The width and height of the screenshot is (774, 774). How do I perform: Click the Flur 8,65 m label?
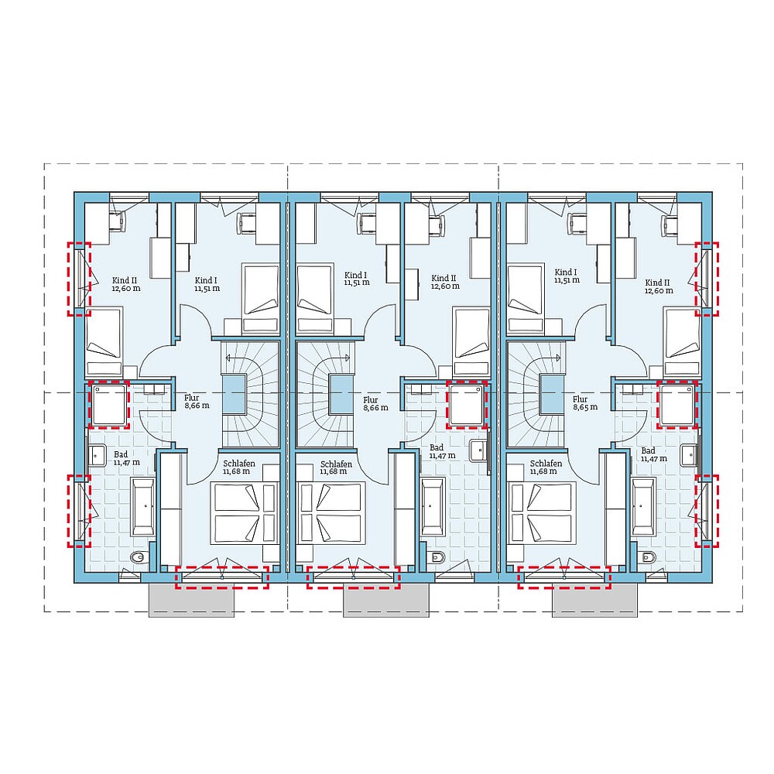click(585, 402)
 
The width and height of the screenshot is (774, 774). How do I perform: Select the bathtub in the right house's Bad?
click(644, 506)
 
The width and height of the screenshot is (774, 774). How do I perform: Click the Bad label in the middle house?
click(437, 451)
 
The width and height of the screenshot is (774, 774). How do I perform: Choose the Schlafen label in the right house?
click(546, 467)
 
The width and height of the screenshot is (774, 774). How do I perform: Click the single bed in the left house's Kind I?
click(261, 297)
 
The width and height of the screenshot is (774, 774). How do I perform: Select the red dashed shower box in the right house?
click(676, 404)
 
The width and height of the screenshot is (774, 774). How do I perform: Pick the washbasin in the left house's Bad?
click(97, 454)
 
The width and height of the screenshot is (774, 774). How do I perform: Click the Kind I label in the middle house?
click(356, 279)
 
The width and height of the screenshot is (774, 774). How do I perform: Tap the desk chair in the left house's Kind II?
click(120, 221)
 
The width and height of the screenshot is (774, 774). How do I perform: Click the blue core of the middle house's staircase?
click(339, 393)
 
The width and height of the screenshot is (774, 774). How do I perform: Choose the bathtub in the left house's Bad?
click(143, 506)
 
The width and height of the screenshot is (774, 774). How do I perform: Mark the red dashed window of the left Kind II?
click(79, 279)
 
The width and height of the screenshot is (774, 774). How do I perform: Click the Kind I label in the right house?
click(565, 276)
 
